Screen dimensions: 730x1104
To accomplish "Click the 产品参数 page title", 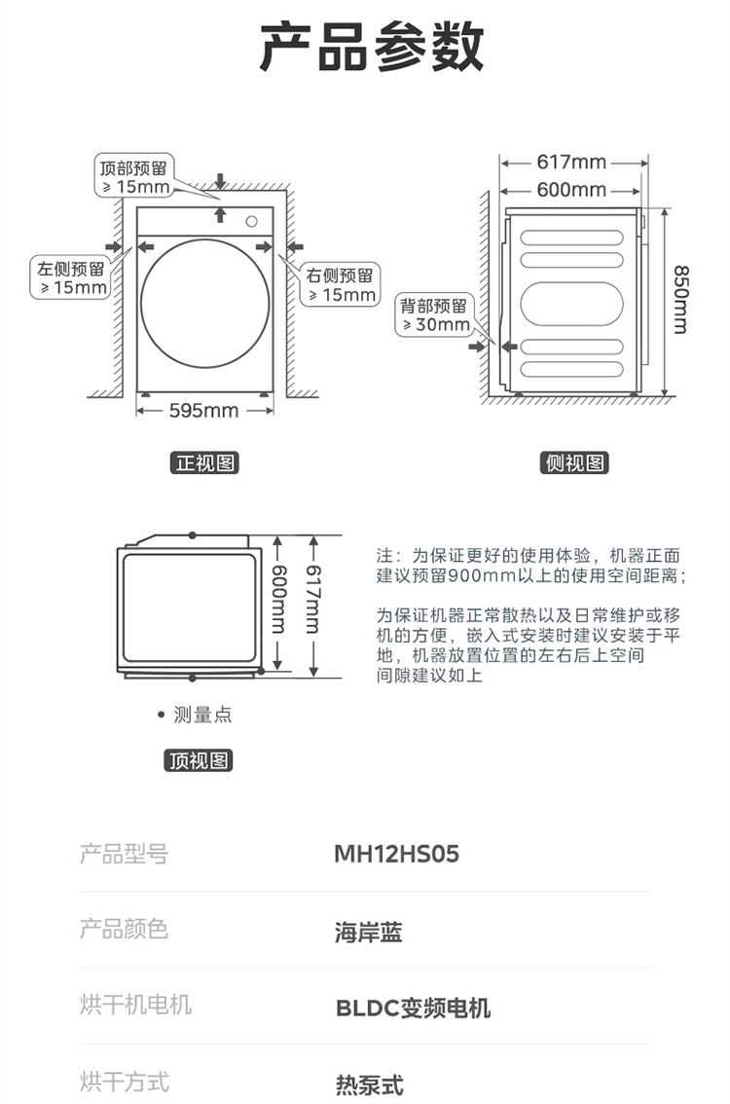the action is (372, 47).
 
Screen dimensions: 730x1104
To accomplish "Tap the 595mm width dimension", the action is (203, 411).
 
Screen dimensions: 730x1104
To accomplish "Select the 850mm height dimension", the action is (680, 299).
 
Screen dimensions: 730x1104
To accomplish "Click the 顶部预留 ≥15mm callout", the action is (134, 177).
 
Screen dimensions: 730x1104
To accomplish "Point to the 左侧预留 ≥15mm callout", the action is (71, 278).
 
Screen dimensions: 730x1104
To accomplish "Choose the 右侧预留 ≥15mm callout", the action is (341, 285).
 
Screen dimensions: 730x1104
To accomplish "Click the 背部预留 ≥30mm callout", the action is (434, 314).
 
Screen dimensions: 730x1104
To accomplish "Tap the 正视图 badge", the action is (204, 462).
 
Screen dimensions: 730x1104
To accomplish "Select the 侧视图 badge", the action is (574, 462).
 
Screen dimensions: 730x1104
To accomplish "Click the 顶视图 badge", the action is (199, 760).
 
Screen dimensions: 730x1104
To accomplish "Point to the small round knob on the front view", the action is (251, 222).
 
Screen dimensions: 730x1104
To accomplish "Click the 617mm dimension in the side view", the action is (571, 162).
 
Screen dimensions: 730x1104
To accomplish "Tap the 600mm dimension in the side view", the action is (571, 190).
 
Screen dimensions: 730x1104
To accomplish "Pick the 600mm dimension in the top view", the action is (279, 599).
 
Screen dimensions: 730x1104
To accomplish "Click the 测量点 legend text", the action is (202, 715).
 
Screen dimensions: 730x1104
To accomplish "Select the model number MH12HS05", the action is (396, 854).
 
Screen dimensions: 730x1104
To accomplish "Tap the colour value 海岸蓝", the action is (368, 933).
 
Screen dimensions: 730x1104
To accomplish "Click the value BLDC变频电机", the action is (414, 1009).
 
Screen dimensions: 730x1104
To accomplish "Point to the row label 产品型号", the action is (124, 854).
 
